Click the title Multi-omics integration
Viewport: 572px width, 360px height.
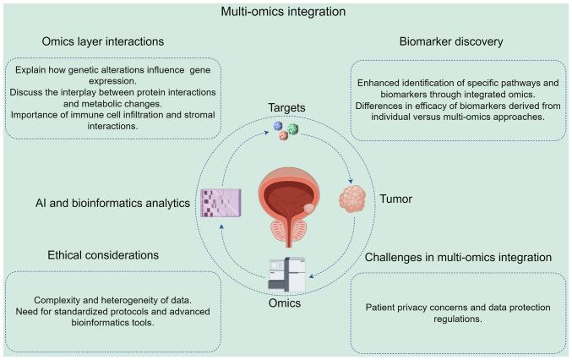(x=286, y=13)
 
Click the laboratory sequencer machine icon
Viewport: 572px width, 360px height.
(x=286, y=268)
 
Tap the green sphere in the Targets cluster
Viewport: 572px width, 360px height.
(x=292, y=129)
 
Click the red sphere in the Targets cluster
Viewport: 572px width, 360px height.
(x=284, y=135)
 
